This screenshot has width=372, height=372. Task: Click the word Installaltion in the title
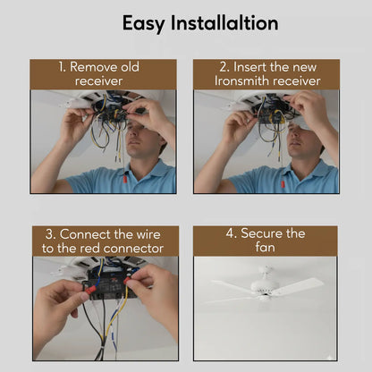224,23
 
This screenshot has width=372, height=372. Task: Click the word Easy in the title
143,24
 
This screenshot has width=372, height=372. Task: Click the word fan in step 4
265,247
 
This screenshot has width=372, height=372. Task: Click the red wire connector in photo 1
125,180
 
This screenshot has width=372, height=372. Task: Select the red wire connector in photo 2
283,183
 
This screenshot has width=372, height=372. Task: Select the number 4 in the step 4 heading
230,233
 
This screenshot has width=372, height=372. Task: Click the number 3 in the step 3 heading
49,235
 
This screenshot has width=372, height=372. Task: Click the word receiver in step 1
98,81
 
